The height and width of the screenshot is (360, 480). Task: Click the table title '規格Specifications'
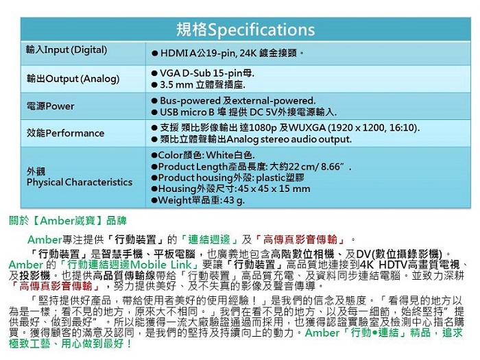pos(245,29)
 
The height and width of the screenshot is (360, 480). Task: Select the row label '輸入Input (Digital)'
pos(67,49)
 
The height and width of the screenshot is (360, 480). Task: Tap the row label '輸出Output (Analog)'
pos(73,79)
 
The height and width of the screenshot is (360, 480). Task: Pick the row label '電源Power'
pos(51,106)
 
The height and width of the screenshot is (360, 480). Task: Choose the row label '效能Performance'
pos(65,133)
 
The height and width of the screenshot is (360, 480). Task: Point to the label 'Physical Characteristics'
pos(80,182)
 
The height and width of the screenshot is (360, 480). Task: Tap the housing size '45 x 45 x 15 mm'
pos(274,189)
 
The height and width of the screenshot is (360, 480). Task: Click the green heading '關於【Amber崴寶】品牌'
pos(68,221)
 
